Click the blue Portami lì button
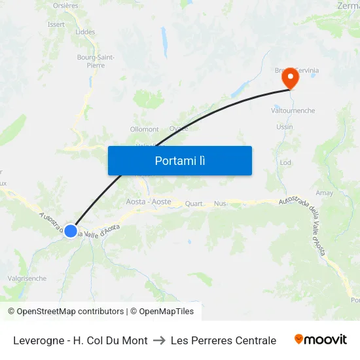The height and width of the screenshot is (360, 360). point(180,160)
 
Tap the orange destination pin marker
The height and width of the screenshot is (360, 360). point(289,79)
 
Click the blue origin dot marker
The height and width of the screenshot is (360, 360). point(71,230)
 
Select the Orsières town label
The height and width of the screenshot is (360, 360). point(65,5)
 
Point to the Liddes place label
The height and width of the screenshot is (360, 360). point(85,32)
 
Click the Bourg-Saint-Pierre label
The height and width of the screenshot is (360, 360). point(96,62)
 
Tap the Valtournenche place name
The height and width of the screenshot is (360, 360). point(293,111)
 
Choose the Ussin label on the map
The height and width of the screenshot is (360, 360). point(285,127)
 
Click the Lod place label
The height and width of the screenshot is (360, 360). point(285,162)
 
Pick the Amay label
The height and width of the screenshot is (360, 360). point(324,193)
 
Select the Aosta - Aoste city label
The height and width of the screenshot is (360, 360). point(149,202)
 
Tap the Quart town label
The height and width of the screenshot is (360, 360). point(194,204)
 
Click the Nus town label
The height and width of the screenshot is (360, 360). point(220,204)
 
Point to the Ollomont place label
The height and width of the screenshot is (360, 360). point(145,130)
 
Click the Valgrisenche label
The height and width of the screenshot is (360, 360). point(26,278)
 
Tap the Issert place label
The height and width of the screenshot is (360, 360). point(56,24)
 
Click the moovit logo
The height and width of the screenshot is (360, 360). point(321,340)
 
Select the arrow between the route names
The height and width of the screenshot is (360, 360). point(159,340)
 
